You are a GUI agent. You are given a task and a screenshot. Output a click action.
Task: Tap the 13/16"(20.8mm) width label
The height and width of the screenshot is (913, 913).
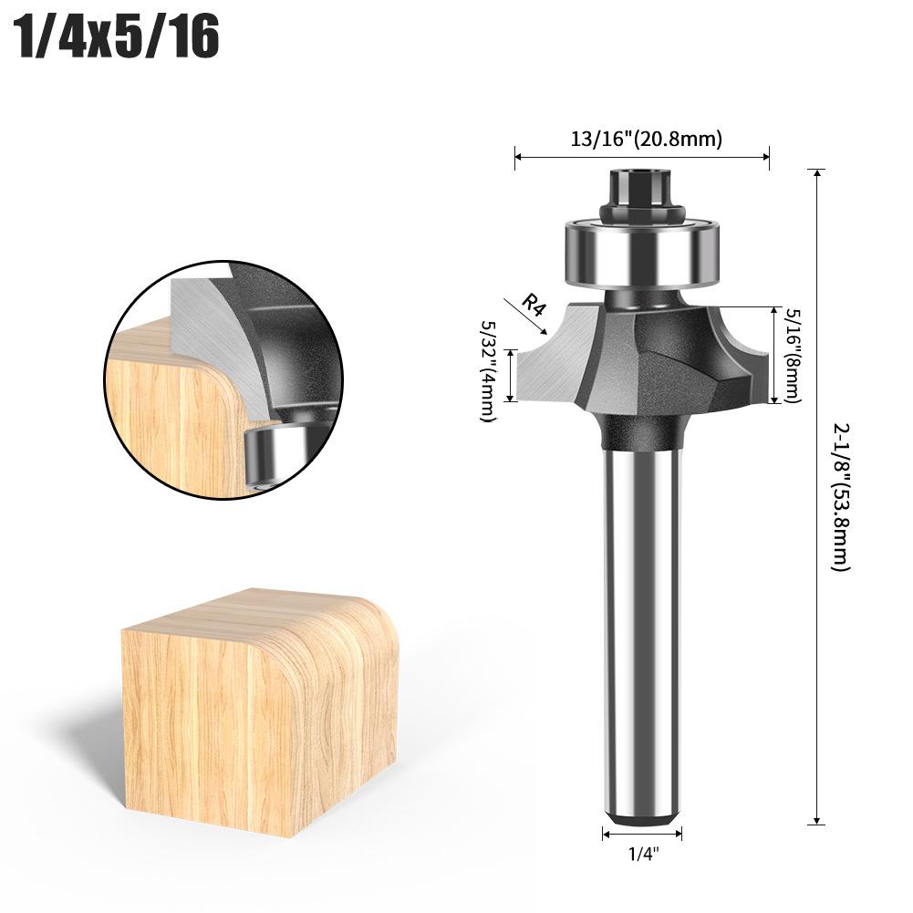[646, 139]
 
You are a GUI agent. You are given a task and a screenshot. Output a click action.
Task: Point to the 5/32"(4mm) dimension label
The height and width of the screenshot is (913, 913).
[487, 369]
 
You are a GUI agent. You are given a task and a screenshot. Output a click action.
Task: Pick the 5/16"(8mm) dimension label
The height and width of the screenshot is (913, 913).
[792, 355]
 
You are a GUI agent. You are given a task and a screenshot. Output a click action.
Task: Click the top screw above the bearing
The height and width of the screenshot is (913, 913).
[642, 188]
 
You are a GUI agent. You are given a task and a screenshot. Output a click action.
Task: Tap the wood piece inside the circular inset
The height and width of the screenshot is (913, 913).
[173, 420]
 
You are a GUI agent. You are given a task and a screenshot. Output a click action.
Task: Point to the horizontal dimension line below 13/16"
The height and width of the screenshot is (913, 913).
[642, 157]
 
